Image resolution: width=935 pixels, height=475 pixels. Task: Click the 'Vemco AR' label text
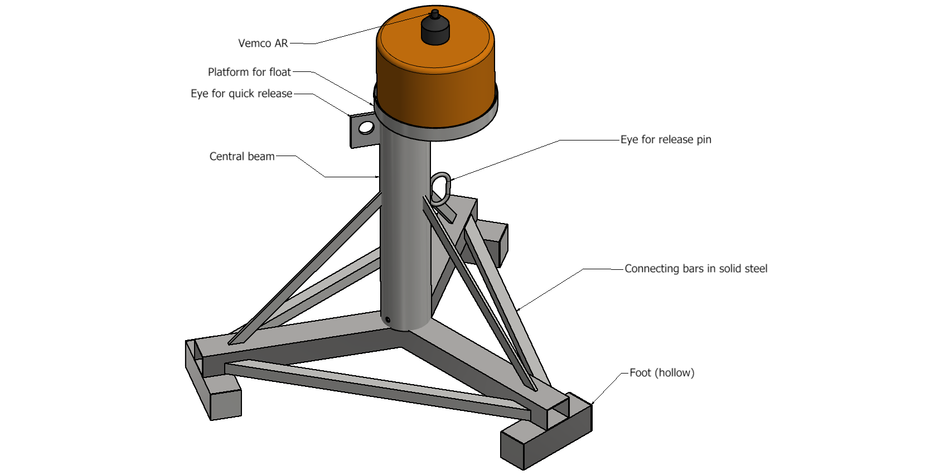pyautogui.click(x=263, y=43)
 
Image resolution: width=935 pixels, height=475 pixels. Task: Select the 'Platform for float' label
pyautogui.click(x=249, y=72)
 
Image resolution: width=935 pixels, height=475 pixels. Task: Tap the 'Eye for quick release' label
pyautogui.click(x=241, y=94)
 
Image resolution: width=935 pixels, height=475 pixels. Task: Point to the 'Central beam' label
pyautogui.click(x=241, y=157)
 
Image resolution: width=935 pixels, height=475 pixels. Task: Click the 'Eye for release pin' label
pyautogui.click(x=665, y=139)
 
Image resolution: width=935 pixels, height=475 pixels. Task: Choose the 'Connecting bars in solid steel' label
pyautogui.click(x=695, y=269)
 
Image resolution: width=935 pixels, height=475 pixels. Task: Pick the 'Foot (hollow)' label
pyautogui.click(x=661, y=373)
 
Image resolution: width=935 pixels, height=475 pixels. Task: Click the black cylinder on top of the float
pyautogui.click(x=435, y=31)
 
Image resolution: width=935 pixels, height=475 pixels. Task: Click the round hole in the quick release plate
pyautogui.click(x=366, y=128)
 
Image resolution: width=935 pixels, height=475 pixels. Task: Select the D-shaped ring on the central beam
pyautogui.click(x=440, y=188)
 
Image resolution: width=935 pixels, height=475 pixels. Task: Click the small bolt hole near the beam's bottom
pyautogui.click(x=387, y=319)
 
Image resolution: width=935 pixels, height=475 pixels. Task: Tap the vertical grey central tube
pyautogui.click(x=405, y=234)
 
